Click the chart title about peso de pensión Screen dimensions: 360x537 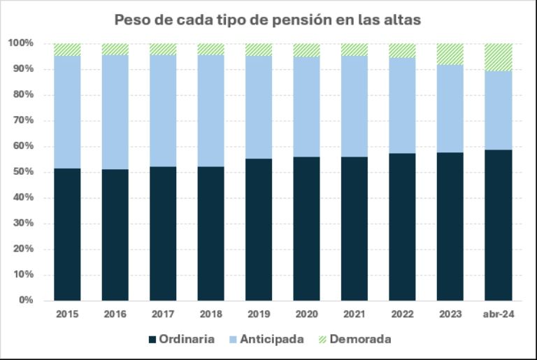[x=268, y=20]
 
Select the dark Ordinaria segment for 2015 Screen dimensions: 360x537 [x=67, y=234]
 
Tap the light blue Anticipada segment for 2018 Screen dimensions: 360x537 [x=210, y=110]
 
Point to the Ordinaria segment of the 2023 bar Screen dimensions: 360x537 [x=450, y=226]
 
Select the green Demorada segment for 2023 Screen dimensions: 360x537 [x=450, y=54]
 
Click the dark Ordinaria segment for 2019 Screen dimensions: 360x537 [x=259, y=229]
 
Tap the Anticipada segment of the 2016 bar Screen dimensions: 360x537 [x=115, y=112]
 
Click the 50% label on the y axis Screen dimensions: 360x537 [x=23, y=172]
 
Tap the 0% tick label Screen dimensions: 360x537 [x=26, y=301]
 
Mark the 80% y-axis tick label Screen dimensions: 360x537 [x=23, y=95]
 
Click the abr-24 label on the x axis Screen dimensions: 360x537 [x=498, y=315]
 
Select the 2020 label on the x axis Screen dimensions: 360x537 [x=306, y=315]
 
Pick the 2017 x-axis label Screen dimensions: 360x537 [x=163, y=315]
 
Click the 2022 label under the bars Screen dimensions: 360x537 [x=402, y=315]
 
